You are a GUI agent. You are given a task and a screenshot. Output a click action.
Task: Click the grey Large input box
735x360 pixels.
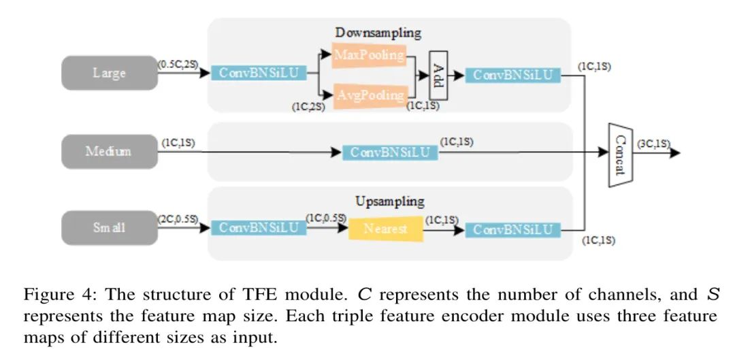point(110,73)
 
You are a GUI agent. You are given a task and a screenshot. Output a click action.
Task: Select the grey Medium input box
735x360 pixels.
point(110,151)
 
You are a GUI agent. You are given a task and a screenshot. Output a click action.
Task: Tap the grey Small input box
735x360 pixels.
point(110,228)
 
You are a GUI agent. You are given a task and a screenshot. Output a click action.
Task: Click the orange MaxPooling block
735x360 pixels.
point(368,55)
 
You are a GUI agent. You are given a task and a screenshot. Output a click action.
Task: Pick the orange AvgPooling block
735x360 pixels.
point(368,96)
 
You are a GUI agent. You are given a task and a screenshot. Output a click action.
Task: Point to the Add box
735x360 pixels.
point(438,76)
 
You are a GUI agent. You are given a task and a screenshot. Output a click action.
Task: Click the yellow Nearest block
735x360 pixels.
point(386,229)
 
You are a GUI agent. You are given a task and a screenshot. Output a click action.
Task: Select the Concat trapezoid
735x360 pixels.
point(620,154)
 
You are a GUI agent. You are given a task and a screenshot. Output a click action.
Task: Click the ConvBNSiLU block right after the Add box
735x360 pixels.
point(513,75)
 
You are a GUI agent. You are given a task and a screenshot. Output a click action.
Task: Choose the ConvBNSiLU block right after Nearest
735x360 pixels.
point(513,230)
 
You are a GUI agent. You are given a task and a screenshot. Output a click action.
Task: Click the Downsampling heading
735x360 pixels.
point(378,33)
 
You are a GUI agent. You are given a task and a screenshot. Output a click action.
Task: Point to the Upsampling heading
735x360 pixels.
point(390,202)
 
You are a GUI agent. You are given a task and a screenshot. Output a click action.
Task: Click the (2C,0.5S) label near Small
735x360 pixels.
point(178,218)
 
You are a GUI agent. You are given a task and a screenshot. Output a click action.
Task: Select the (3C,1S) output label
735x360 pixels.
point(653,144)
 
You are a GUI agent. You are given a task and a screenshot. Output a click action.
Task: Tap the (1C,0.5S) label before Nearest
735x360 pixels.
point(326,218)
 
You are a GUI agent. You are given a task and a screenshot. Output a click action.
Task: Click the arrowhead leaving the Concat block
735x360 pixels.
point(674,153)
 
